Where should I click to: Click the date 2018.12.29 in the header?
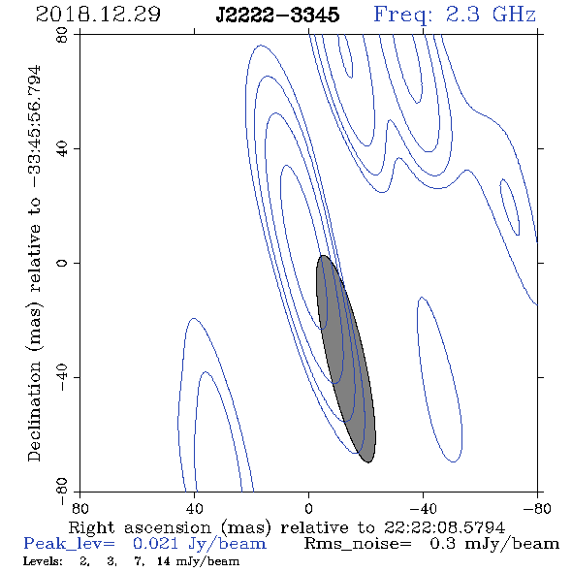tap(98, 15)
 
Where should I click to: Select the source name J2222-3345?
tap(277, 16)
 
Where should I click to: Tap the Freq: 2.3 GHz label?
tap(455, 15)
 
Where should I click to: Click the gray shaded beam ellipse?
tap(345, 359)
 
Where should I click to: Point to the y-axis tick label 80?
tap(62, 35)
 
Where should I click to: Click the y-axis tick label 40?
tap(62, 149)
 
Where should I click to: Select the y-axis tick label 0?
tap(62, 263)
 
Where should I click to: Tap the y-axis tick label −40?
tap(62, 377)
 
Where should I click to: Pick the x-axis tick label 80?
tap(79, 508)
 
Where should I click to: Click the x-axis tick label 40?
tap(194, 508)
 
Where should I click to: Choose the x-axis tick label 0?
tap(308, 508)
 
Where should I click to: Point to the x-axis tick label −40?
tap(423, 508)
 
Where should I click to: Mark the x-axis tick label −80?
tap(537, 508)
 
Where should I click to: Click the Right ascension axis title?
tap(287, 527)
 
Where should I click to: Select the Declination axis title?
tap(35, 264)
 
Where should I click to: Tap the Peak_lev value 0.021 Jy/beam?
tap(199, 544)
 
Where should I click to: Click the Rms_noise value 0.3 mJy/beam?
tap(494, 544)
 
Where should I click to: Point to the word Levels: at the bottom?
tap(43, 561)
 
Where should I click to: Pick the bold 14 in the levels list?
tap(164, 561)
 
